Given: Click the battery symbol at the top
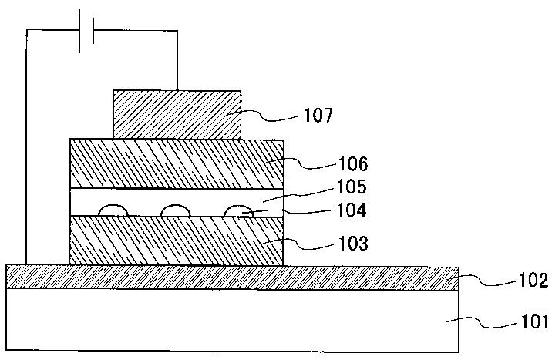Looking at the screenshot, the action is (86, 32).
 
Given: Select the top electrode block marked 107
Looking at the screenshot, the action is (177, 113).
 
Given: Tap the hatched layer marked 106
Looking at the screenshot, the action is (177, 163).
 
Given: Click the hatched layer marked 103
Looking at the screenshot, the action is (177, 241).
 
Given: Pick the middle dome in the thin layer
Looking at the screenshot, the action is (173, 210).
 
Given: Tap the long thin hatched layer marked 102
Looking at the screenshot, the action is (231, 277).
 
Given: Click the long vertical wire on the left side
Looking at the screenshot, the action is (27, 146).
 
